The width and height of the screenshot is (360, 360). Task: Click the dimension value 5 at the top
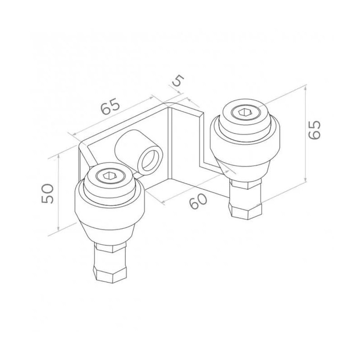click(179, 81)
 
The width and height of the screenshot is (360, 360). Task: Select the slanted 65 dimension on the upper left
click(111, 107)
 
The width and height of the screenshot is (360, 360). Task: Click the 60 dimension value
click(198, 200)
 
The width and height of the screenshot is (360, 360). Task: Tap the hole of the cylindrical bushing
click(150, 160)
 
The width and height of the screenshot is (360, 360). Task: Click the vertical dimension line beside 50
click(59, 193)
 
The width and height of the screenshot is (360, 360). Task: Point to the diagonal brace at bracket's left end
click(87, 155)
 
